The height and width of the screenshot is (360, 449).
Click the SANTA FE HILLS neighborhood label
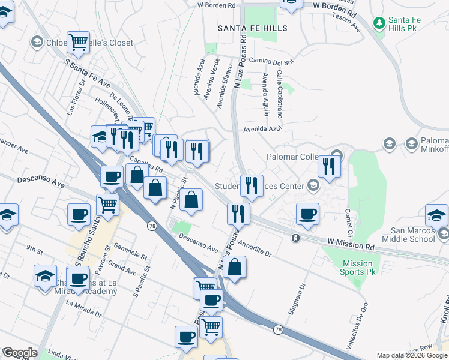coord(252,28)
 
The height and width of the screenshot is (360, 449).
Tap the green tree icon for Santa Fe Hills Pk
coord(379,23)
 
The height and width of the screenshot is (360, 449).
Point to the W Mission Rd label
coord(351,244)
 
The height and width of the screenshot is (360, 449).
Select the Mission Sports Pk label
coord(357,268)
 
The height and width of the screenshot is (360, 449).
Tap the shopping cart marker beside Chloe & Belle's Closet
coord(78,42)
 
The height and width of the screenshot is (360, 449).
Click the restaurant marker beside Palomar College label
coord(329,166)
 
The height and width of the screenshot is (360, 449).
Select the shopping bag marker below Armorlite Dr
coord(235,267)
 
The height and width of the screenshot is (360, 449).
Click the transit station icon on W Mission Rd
coord(295,238)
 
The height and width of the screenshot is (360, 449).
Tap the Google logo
coord(19,353)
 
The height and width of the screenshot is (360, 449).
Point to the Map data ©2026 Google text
coord(412,355)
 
